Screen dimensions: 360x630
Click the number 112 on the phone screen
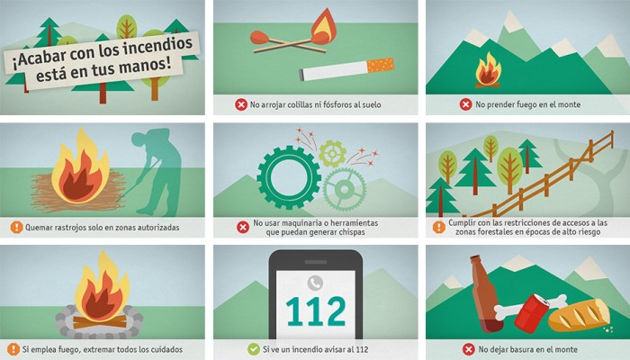pos(315,311)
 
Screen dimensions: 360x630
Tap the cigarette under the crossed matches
pos(347,69)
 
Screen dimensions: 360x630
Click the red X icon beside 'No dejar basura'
pos(468,348)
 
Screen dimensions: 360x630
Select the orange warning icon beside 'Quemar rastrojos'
pos(16,227)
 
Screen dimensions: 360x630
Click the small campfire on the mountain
pos(488,69)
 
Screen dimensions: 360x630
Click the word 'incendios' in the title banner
pos(157,41)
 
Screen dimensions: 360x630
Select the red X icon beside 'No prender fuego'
pos(465,104)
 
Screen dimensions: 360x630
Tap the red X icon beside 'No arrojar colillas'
pos(241,104)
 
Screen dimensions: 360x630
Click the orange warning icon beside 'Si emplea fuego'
pos(13,348)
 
